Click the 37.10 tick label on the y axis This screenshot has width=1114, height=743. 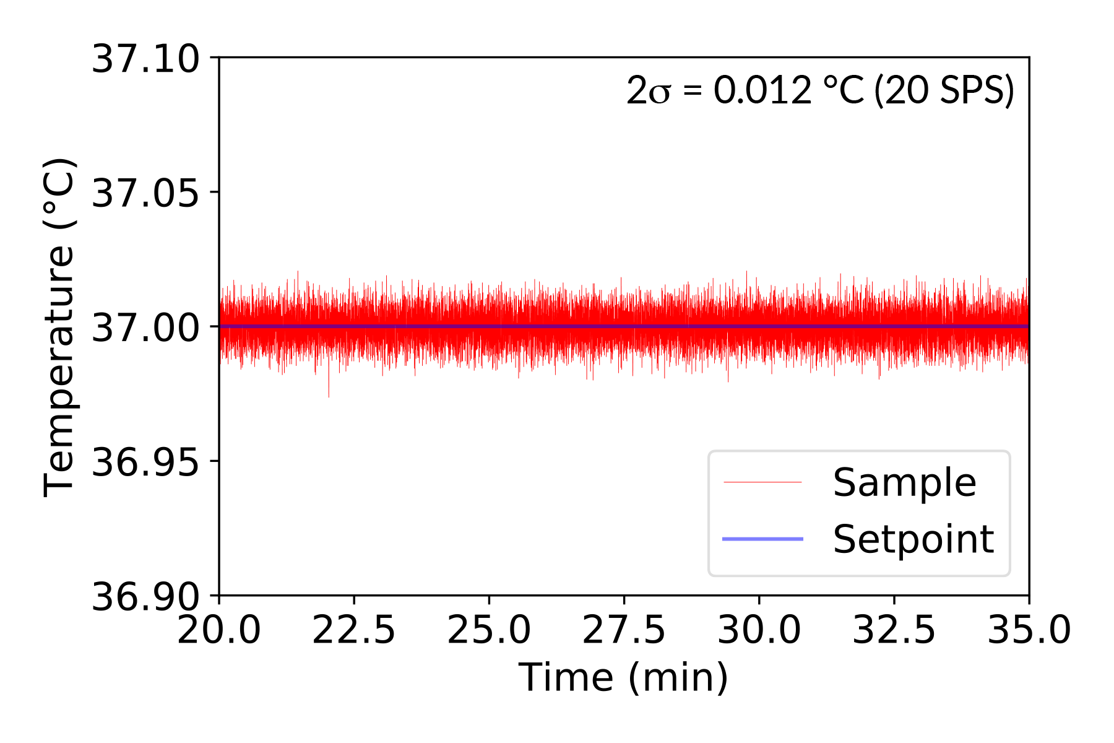145,59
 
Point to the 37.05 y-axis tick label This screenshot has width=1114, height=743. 145,193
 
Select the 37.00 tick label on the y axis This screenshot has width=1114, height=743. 145,328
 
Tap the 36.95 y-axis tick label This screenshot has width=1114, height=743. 145,462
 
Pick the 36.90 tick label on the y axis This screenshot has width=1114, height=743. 145,597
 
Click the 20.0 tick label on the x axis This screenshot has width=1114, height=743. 219,631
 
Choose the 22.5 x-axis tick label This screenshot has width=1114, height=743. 354,631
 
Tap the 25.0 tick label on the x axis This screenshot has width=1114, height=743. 489,631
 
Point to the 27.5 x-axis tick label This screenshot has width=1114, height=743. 624,631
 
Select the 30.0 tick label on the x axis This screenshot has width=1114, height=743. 759,631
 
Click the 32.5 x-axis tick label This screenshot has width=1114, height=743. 894,631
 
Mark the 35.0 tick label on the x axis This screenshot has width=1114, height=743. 1029,631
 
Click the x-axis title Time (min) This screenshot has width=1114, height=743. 624,677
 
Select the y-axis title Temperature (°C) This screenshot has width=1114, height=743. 59,327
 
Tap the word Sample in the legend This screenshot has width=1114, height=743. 904,482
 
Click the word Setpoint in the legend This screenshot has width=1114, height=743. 913,539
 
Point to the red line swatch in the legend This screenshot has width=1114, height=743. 762,482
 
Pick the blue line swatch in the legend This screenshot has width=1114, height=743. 762,539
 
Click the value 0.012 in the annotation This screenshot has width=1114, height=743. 762,90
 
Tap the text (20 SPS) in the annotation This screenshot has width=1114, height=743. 944,90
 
